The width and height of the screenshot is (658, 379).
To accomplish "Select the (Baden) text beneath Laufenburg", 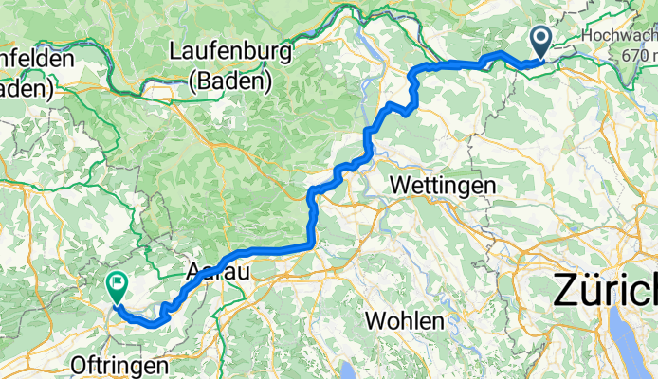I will tap(230, 82).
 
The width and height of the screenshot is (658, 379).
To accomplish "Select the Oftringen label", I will tap(119, 365).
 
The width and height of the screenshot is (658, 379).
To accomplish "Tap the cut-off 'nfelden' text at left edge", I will tap(36, 59).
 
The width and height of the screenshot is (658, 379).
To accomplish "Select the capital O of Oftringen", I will tap(79, 365).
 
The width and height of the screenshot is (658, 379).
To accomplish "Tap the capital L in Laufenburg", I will tap(177, 50).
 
